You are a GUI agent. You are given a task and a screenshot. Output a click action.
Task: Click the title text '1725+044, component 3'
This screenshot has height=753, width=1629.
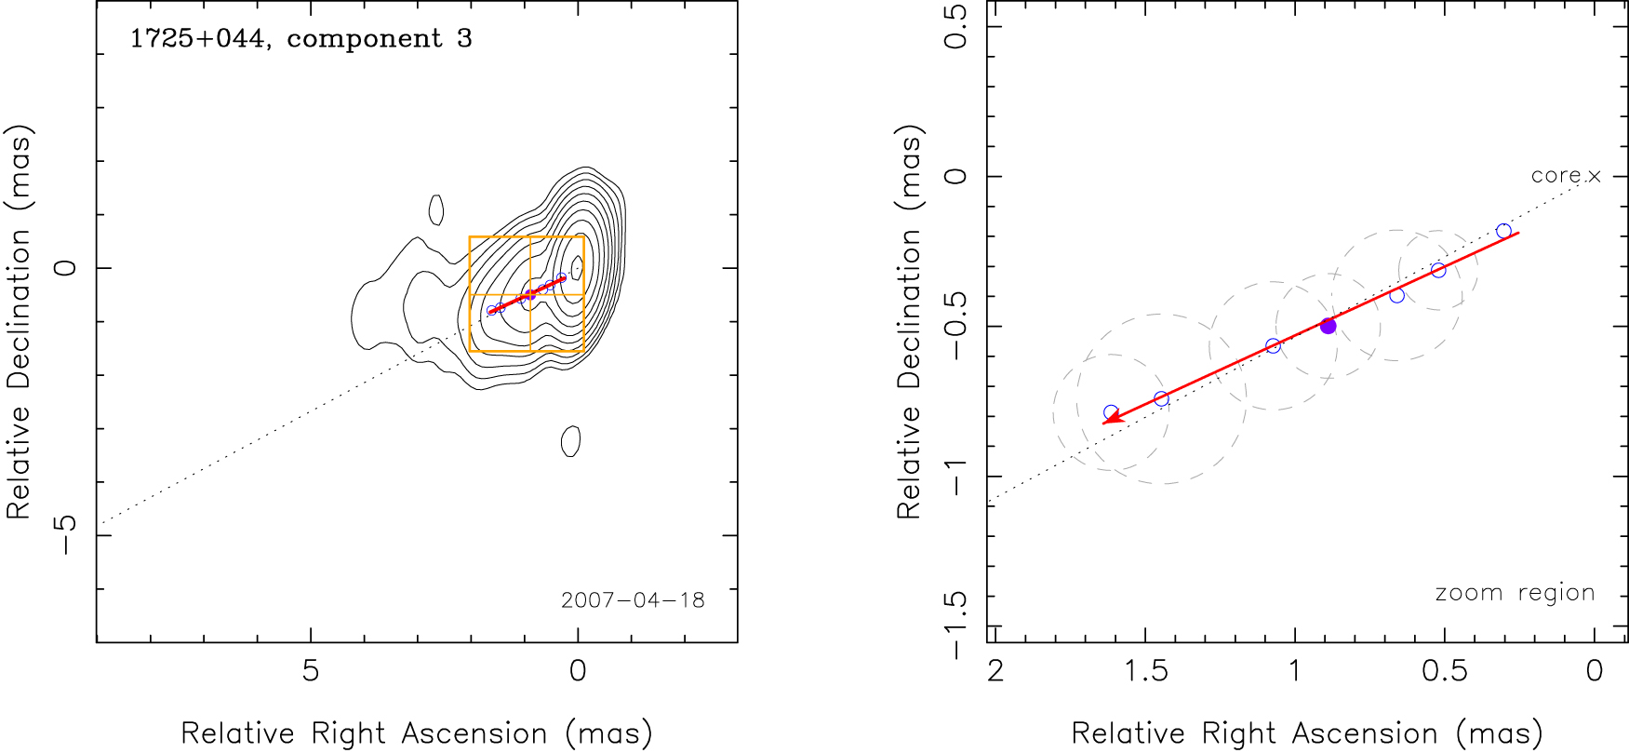[300, 39]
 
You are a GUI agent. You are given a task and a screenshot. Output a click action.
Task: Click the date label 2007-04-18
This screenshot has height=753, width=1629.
[633, 600]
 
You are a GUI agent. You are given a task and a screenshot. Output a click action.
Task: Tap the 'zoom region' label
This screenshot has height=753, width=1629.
[1515, 593]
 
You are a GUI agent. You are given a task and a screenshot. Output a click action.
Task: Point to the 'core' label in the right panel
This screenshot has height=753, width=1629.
[1556, 175]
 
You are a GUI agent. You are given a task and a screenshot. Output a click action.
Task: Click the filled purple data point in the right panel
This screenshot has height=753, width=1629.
[1329, 326]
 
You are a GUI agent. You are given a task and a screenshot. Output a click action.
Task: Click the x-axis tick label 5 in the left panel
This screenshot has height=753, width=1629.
[311, 670]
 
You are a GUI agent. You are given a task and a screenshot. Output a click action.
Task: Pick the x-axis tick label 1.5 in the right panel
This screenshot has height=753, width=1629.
[1146, 670]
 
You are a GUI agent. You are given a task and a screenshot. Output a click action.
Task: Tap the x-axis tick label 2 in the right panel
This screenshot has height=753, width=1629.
[995, 670]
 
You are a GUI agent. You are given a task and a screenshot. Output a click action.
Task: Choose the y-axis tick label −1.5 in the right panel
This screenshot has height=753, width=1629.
[956, 625]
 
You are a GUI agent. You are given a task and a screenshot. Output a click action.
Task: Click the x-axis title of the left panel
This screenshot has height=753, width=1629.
[416, 733]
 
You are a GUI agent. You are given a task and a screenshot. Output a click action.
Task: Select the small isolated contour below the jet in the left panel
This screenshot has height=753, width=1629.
[571, 440]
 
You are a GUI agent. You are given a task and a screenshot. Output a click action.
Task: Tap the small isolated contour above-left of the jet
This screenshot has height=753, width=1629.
[436, 209]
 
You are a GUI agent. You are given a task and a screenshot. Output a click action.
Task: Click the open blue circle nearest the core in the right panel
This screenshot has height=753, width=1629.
[1503, 231]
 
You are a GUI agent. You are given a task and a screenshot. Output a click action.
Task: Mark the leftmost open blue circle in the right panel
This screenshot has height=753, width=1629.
[1111, 412]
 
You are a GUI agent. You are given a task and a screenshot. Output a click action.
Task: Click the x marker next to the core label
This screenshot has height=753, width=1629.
[1595, 176]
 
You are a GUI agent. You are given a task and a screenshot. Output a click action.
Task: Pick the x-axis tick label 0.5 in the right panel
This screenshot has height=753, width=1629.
[1445, 670]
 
